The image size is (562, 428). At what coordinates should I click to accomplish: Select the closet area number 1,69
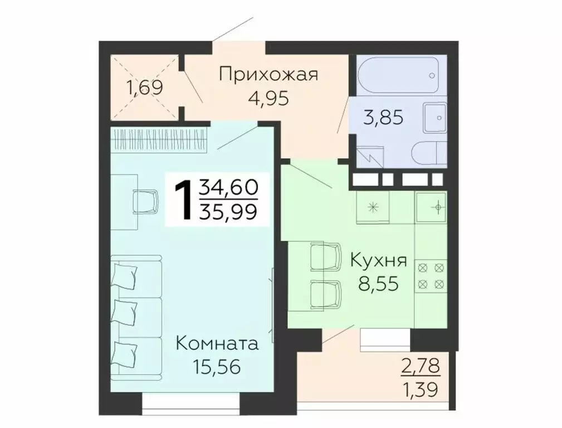[x=143, y=87]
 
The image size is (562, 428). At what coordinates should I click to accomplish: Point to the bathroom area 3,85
[x=383, y=118]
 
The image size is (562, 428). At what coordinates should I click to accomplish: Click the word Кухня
[x=379, y=261]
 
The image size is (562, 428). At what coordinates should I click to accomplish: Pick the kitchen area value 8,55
[x=379, y=285]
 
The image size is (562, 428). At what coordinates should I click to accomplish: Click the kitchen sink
[x=431, y=208]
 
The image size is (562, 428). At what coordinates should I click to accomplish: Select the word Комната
[x=217, y=343]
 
